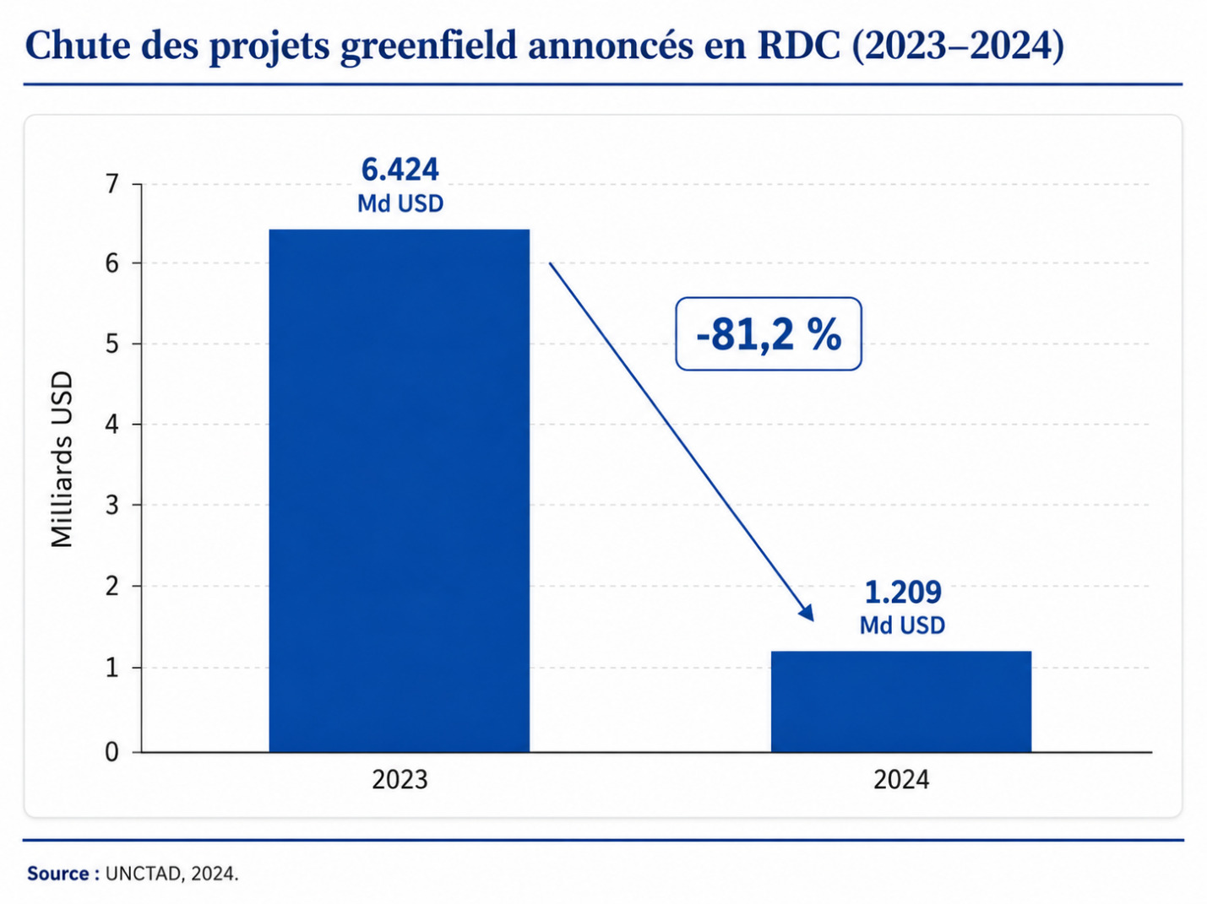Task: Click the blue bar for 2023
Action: pyautogui.click(x=400, y=490)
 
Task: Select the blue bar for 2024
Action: pyautogui.click(x=900, y=701)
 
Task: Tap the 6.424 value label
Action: pyautogui.click(x=400, y=170)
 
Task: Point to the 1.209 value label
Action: pyautogui.click(x=903, y=592)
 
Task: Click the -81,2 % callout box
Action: pyautogui.click(x=768, y=333)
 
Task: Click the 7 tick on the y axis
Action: pyautogui.click(x=112, y=184)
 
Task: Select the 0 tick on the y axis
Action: pyautogui.click(x=112, y=752)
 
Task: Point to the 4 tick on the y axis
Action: pyautogui.click(x=112, y=425)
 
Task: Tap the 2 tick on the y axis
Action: pyautogui.click(x=112, y=587)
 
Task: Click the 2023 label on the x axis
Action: pyautogui.click(x=400, y=779)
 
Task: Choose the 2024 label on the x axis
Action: pyautogui.click(x=901, y=779)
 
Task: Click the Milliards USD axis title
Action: pyautogui.click(x=62, y=460)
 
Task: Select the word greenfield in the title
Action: pyautogui.click(x=429, y=47)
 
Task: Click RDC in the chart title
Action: pyautogui.click(x=798, y=46)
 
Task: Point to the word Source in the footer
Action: pyautogui.click(x=58, y=874)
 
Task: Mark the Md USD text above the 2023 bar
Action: pyautogui.click(x=400, y=204)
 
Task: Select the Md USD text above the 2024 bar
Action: pyautogui.click(x=902, y=625)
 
